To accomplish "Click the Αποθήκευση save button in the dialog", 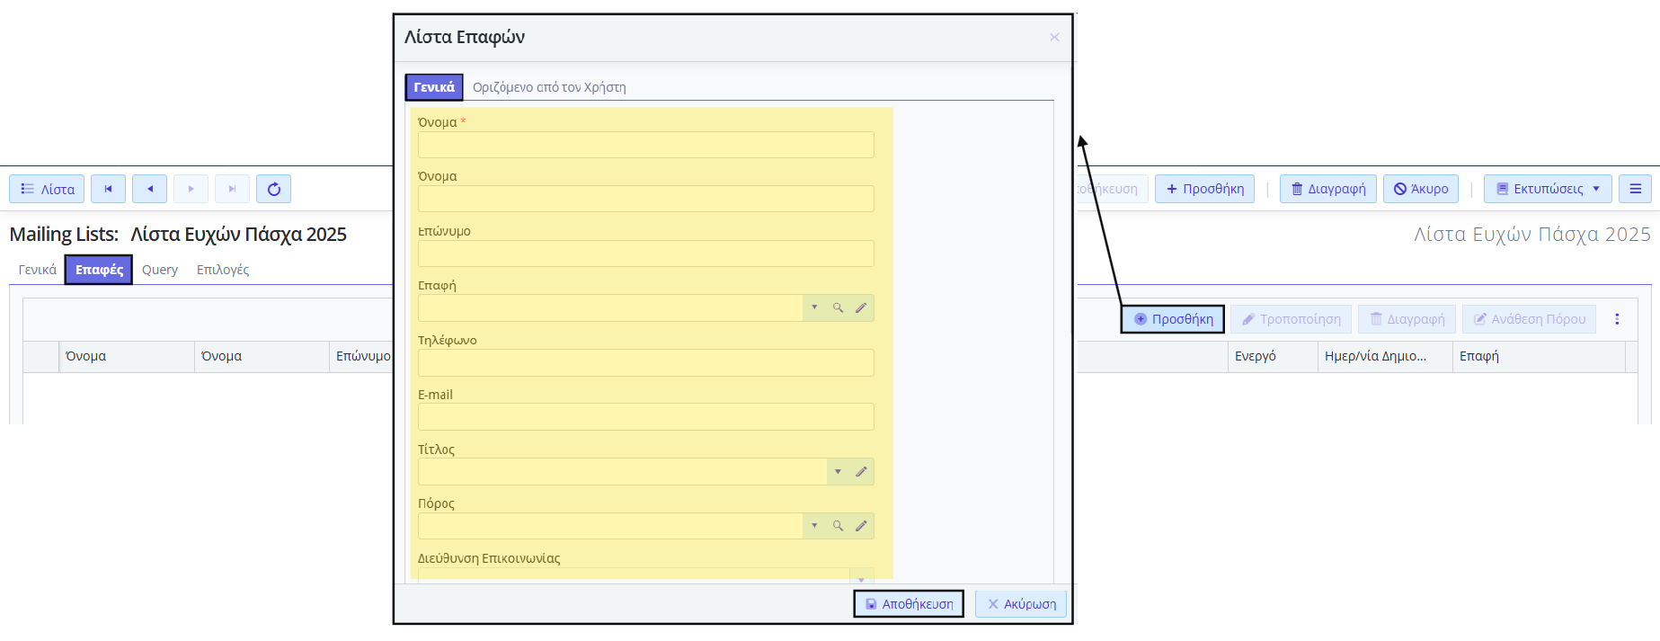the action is [x=909, y=604].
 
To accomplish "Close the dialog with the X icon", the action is [x=1054, y=37].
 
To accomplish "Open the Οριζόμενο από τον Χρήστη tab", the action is [x=549, y=87].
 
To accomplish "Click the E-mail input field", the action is [x=645, y=416].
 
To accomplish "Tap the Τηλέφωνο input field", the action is [x=645, y=362].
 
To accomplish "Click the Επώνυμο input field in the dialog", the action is [x=645, y=254].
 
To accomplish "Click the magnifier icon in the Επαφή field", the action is [x=838, y=307].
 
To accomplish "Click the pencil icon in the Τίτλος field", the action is [x=861, y=471].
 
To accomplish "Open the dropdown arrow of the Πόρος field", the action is [x=814, y=526].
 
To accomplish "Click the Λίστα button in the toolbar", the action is [x=47, y=189].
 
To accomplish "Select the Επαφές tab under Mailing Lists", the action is [x=99, y=270].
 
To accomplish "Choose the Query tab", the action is [x=160, y=270].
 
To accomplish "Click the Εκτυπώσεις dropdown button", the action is [x=1548, y=189].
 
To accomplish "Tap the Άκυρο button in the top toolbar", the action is [x=1421, y=189].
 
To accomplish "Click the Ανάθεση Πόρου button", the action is [x=1529, y=319].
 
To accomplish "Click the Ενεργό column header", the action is [x=1256, y=356].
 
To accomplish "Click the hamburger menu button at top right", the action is [x=1636, y=189].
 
